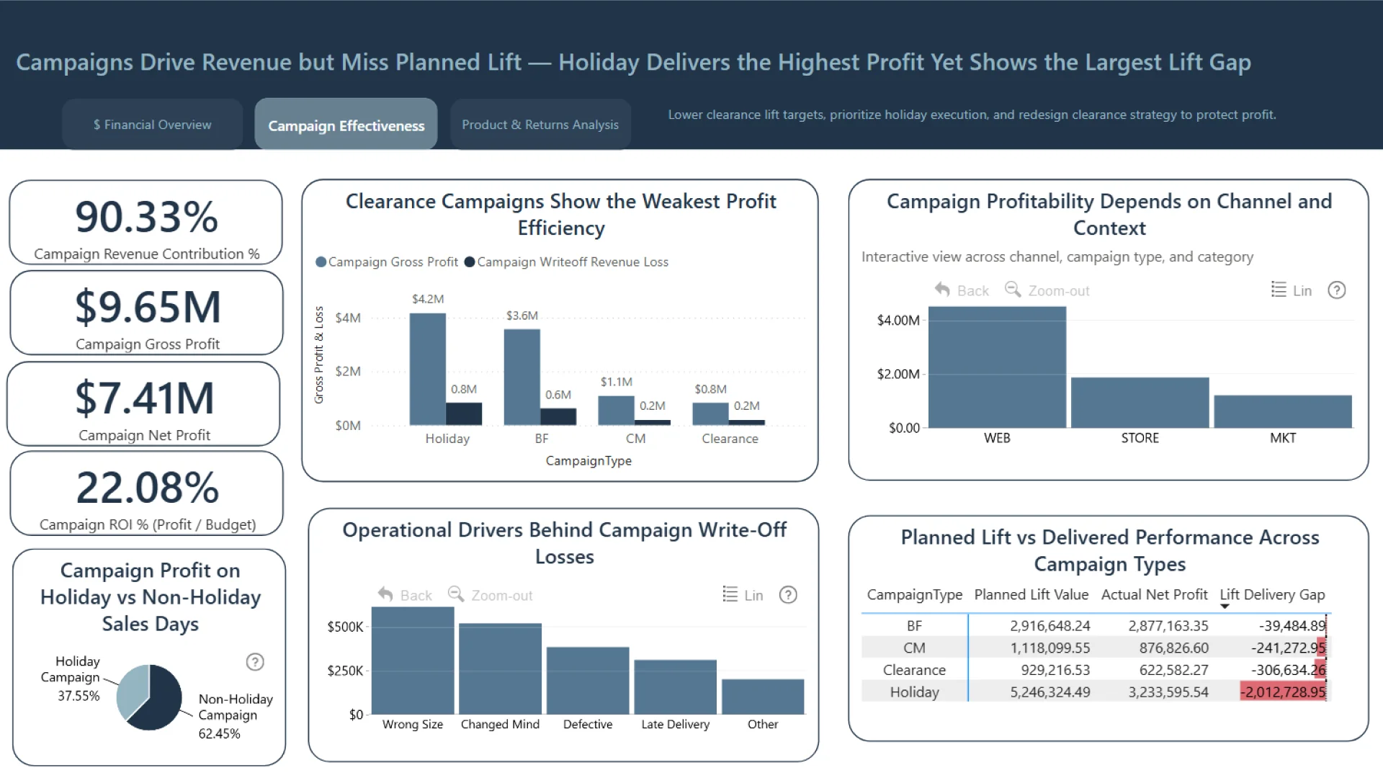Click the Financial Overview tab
pyautogui.click(x=152, y=125)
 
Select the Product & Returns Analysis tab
pyautogui.click(x=540, y=125)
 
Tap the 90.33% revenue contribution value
pyautogui.click(x=146, y=217)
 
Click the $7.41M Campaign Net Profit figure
pyautogui.click(x=145, y=398)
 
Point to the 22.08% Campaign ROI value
pyautogui.click(x=148, y=488)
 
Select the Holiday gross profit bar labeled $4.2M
pyautogui.click(x=427, y=369)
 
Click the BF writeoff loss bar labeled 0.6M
pyautogui.click(x=558, y=416)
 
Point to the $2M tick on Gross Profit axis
pyautogui.click(x=348, y=372)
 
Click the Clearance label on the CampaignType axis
pyautogui.click(x=730, y=439)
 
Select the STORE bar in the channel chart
pyautogui.click(x=1140, y=403)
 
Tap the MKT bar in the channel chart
pyautogui.click(x=1282, y=411)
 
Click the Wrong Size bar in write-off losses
pyautogui.click(x=413, y=661)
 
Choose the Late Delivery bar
pyautogui.click(x=675, y=687)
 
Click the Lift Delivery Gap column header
pyautogui.click(x=1271, y=595)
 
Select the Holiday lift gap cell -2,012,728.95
pyautogui.click(x=1283, y=692)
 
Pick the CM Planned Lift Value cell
pyautogui.click(x=1049, y=648)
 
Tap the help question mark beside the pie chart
pyautogui.click(x=255, y=662)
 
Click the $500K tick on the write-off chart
pyautogui.click(x=345, y=627)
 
